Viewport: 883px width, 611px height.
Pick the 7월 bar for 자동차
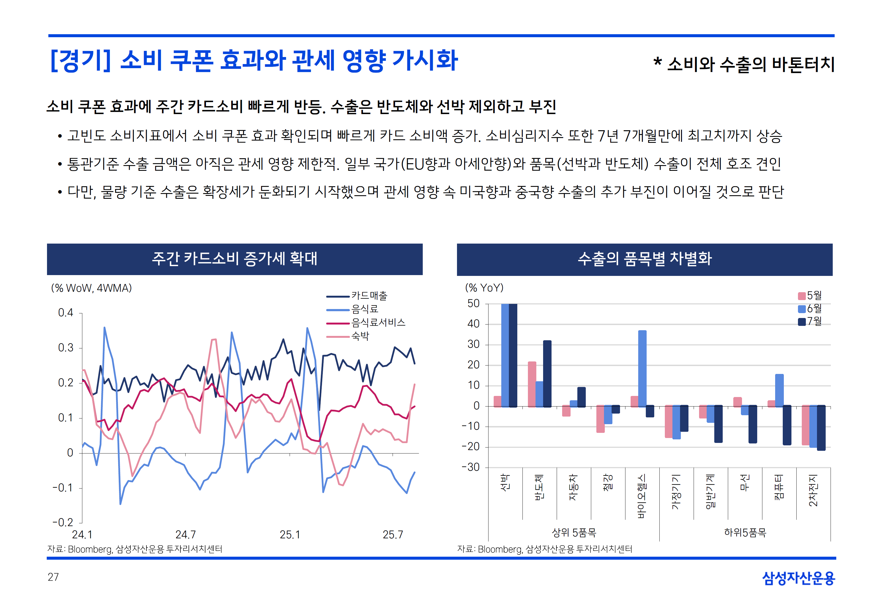581,397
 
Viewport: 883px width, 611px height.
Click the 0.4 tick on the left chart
65,313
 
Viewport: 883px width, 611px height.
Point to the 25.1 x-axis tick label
290,534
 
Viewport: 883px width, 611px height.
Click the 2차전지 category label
813,490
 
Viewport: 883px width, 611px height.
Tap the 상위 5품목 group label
574,533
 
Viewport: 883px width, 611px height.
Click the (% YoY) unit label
484,288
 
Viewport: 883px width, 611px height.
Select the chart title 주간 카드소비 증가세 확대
234,259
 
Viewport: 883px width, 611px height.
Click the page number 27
53,577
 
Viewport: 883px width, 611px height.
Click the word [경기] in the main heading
80,61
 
